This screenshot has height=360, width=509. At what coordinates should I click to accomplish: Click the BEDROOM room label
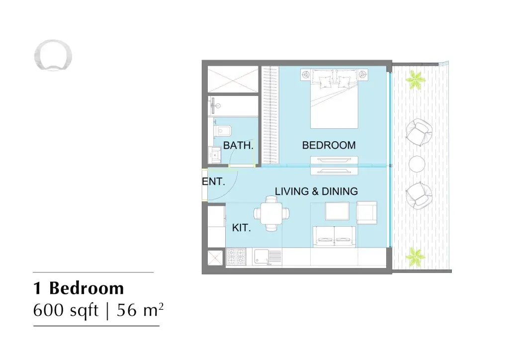point(329,145)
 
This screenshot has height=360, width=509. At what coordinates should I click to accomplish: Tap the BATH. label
point(238,145)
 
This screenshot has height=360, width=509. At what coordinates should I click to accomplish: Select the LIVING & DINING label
point(316,191)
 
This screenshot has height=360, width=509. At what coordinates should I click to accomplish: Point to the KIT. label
point(242,228)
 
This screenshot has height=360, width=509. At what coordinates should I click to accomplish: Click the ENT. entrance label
point(214,181)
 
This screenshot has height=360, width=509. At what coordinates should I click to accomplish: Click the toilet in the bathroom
point(222,131)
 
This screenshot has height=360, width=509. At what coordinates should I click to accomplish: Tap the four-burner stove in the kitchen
point(236,257)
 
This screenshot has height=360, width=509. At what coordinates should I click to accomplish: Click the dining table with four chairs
point(271,213)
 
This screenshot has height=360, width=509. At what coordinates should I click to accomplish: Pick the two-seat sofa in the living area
point(334,237)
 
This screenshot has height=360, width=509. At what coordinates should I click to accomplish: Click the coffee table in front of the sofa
point(338,211)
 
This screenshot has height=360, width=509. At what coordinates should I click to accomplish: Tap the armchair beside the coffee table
point(367,213)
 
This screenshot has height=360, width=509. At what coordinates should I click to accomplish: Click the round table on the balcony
point(417,164)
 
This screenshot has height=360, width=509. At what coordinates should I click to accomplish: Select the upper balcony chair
point(419,132)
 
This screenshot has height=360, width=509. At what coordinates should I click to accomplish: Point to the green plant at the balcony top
point(415,80)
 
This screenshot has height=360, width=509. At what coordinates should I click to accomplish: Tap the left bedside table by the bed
point(306,75)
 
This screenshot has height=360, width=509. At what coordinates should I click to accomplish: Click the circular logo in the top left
point(53,55)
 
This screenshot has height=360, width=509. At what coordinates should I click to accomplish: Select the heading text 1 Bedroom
point(79,288)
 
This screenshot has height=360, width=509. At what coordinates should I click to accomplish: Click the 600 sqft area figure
point(66,310)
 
